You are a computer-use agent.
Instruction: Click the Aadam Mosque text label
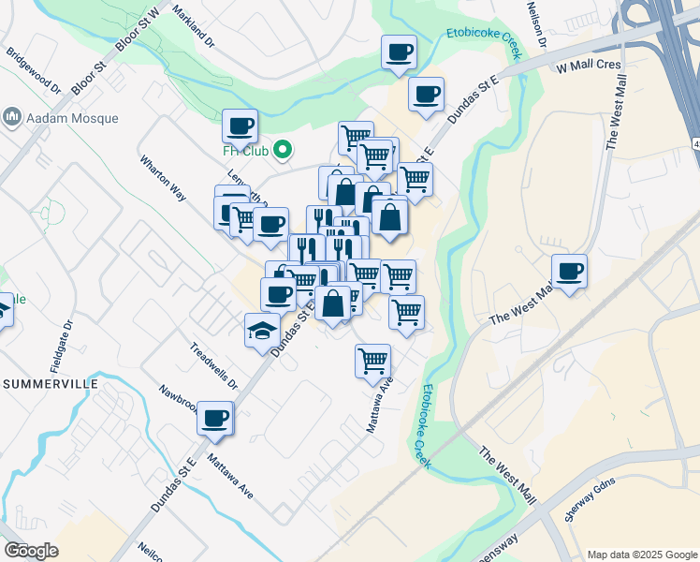73,118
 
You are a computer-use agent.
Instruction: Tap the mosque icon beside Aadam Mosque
12,117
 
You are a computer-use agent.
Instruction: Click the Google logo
31,551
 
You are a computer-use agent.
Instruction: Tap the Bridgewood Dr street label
31,72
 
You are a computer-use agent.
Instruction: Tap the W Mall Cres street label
589,68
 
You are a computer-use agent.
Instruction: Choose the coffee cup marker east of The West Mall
569,271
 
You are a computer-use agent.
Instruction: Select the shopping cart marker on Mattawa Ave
372,360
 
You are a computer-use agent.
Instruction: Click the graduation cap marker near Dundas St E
262,330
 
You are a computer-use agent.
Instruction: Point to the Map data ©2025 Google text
640,554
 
